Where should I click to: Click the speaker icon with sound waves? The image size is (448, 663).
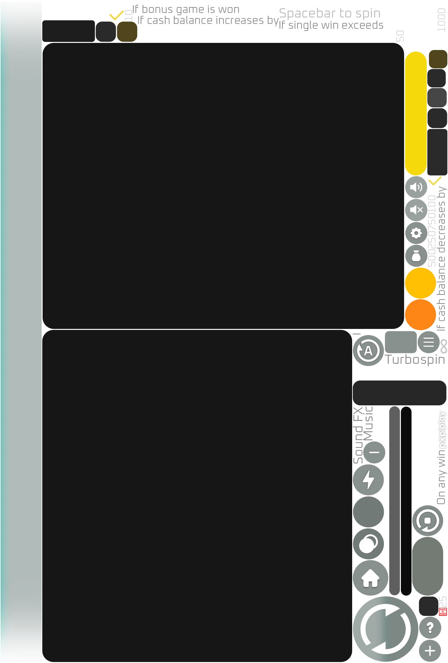tap(416, 187)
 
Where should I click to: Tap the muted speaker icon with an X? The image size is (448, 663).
tap(416, 210)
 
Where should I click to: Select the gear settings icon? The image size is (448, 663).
tap(416, 233)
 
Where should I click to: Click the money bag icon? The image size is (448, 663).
tap(416, 256)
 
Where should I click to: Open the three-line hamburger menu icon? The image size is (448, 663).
tap(428, 342)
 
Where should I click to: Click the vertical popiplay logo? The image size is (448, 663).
tap(443, 429)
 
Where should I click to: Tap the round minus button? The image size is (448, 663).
tap(374, 452)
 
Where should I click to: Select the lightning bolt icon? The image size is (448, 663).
tap(368, 480)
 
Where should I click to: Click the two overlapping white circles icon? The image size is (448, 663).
tap(368, 544)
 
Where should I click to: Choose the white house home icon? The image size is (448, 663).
tap(370, 578)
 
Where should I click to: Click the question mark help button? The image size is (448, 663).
tap(430, 628)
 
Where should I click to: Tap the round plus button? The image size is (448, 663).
tap(430, 651)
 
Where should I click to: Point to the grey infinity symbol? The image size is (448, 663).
tap(444, 346)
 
